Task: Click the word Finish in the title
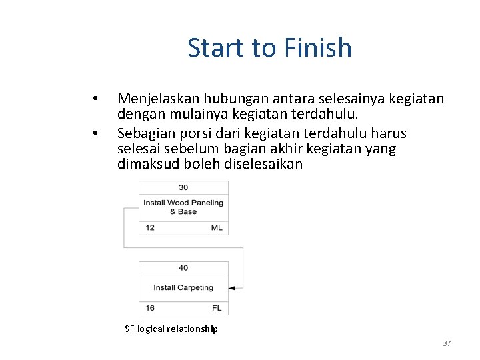click(x=317, y=48)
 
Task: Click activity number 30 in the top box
click(x=183, y=187)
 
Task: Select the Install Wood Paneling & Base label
click(x=183, y=207)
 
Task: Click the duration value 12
click(x=150, y=228)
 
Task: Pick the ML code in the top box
click(x=217, y=228)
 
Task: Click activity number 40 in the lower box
click(x=183, y=268)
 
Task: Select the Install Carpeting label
click(x=183, y=288)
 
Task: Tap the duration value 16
click(x=150, y=308)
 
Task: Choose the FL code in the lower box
click(x=217, y=308)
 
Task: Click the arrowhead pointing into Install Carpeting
click(x=232, y=288)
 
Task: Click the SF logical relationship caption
click(x=171, y=329)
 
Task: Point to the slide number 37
click(x=447, y=343)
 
